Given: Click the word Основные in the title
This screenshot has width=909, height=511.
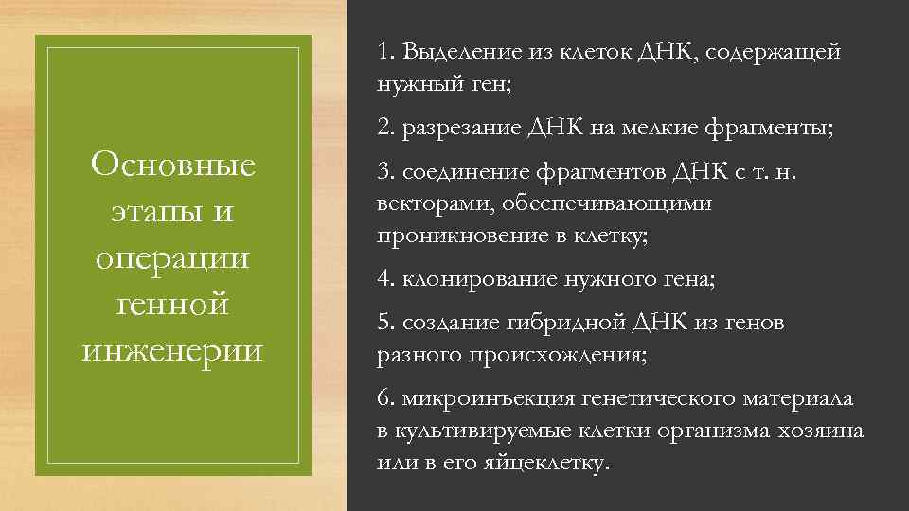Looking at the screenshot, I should (x=172, y=167).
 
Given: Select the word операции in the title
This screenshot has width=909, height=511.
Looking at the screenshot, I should (x=172, y=258).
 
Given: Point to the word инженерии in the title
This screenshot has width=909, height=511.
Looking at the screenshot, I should (x=172, y=350).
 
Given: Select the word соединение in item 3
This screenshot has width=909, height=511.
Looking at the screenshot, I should (x=458, y=173).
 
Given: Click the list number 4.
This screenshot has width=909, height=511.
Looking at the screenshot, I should (x=384, y=280).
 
